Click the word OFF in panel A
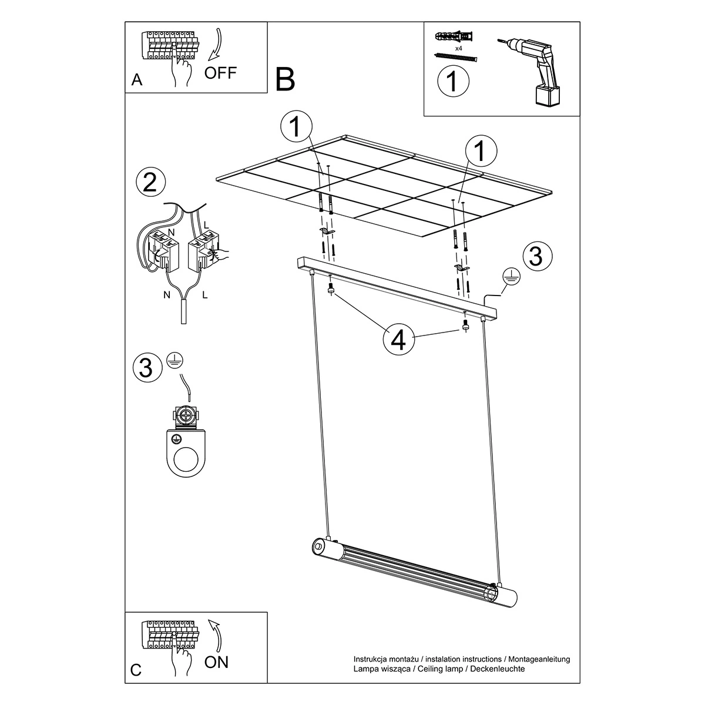(x=220, y=73)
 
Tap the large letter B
(x=285, y=80)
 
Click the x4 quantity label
(x=458, y=48)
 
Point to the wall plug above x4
(x=455, y=37)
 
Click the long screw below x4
(x=455, y=58)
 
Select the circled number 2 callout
(x=150, y=182)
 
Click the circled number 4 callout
(x=399, y=340)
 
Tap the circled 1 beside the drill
(x=453, y=81)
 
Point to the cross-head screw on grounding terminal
(x=187, y=415)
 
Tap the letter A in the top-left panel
(x=136, y=80)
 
